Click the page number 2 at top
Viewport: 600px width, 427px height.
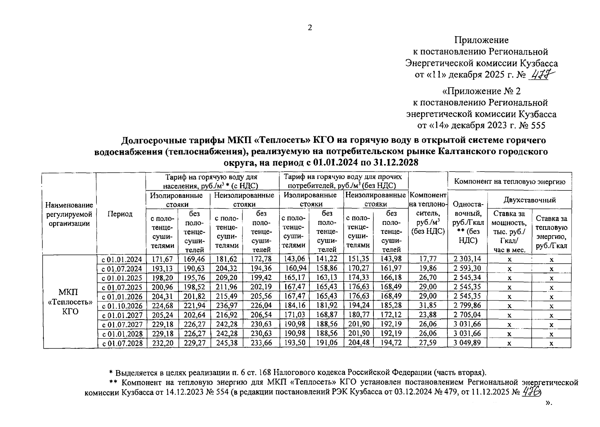click(310, 28)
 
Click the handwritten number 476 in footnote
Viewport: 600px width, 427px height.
click(532, 391)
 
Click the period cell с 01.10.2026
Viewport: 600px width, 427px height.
click(122, 306)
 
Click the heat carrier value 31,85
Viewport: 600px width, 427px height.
click(428, 306)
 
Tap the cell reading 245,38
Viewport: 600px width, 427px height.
click(226, 343)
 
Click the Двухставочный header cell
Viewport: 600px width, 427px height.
click(529, 200)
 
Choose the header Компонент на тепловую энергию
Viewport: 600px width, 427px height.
click(510, 181)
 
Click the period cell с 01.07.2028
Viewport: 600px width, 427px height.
click(122, 343)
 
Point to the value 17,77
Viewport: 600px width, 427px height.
click(428, 259)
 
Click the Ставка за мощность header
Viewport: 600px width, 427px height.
click(509, 231)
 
